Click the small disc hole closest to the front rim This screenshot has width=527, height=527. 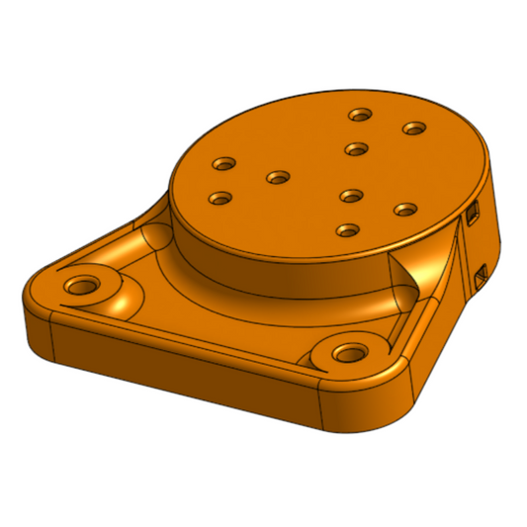click(x=346, y=230)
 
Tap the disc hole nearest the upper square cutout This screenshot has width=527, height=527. click(x=404, y=209)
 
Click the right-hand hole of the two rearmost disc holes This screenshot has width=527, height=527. click(x=413, y=128)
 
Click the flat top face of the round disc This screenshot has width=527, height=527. click(x=307, y=178)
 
